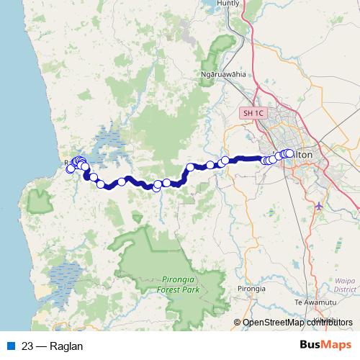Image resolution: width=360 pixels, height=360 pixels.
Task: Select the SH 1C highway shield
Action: [x=253, y=113]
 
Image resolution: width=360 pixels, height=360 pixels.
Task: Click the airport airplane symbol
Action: [x=319, y=207]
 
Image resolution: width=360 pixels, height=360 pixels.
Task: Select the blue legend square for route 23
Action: [x=10, y=346]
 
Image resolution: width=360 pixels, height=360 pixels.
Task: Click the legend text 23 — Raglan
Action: [x=53, y=346]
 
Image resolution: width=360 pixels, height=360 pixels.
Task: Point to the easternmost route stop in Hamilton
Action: [x=289, y=153]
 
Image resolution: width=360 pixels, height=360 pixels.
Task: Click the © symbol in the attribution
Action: [x=238, y=323]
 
